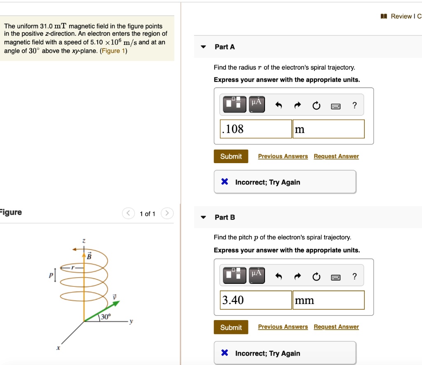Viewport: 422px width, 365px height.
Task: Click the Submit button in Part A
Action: point(231,157)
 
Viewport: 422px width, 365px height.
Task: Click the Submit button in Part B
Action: point(231,327)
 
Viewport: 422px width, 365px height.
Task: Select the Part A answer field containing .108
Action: point(256,129)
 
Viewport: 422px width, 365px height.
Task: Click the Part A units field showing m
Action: point(328,129)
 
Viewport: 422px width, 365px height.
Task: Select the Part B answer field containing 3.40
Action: point(256,300)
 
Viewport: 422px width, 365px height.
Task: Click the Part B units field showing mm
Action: point(328,300)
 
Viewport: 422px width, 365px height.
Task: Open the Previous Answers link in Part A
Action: point(283,157)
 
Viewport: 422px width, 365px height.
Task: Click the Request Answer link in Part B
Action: point(336,327)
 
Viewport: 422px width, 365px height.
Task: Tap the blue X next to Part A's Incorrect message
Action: point(225,182)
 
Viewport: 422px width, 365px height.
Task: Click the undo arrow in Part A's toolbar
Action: point(279,106)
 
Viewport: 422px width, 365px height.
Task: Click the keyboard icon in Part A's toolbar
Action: point(336,106)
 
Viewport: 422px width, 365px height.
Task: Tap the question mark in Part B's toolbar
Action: point(354,276)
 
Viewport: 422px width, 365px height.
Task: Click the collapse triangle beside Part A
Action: point(203,47)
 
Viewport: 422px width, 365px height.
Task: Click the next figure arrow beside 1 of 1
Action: point(167,213)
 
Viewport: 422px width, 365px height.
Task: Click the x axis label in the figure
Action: point(58,348)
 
